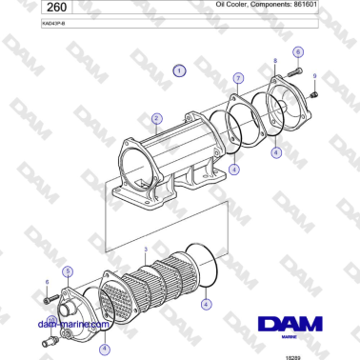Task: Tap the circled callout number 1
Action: pos(179,70)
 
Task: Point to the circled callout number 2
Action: pos(154,119)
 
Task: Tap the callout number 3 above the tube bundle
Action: pos(145,250)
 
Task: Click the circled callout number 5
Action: pos(68,272)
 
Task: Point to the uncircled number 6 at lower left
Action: pos(47,283)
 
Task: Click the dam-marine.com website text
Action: pos(69,324)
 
